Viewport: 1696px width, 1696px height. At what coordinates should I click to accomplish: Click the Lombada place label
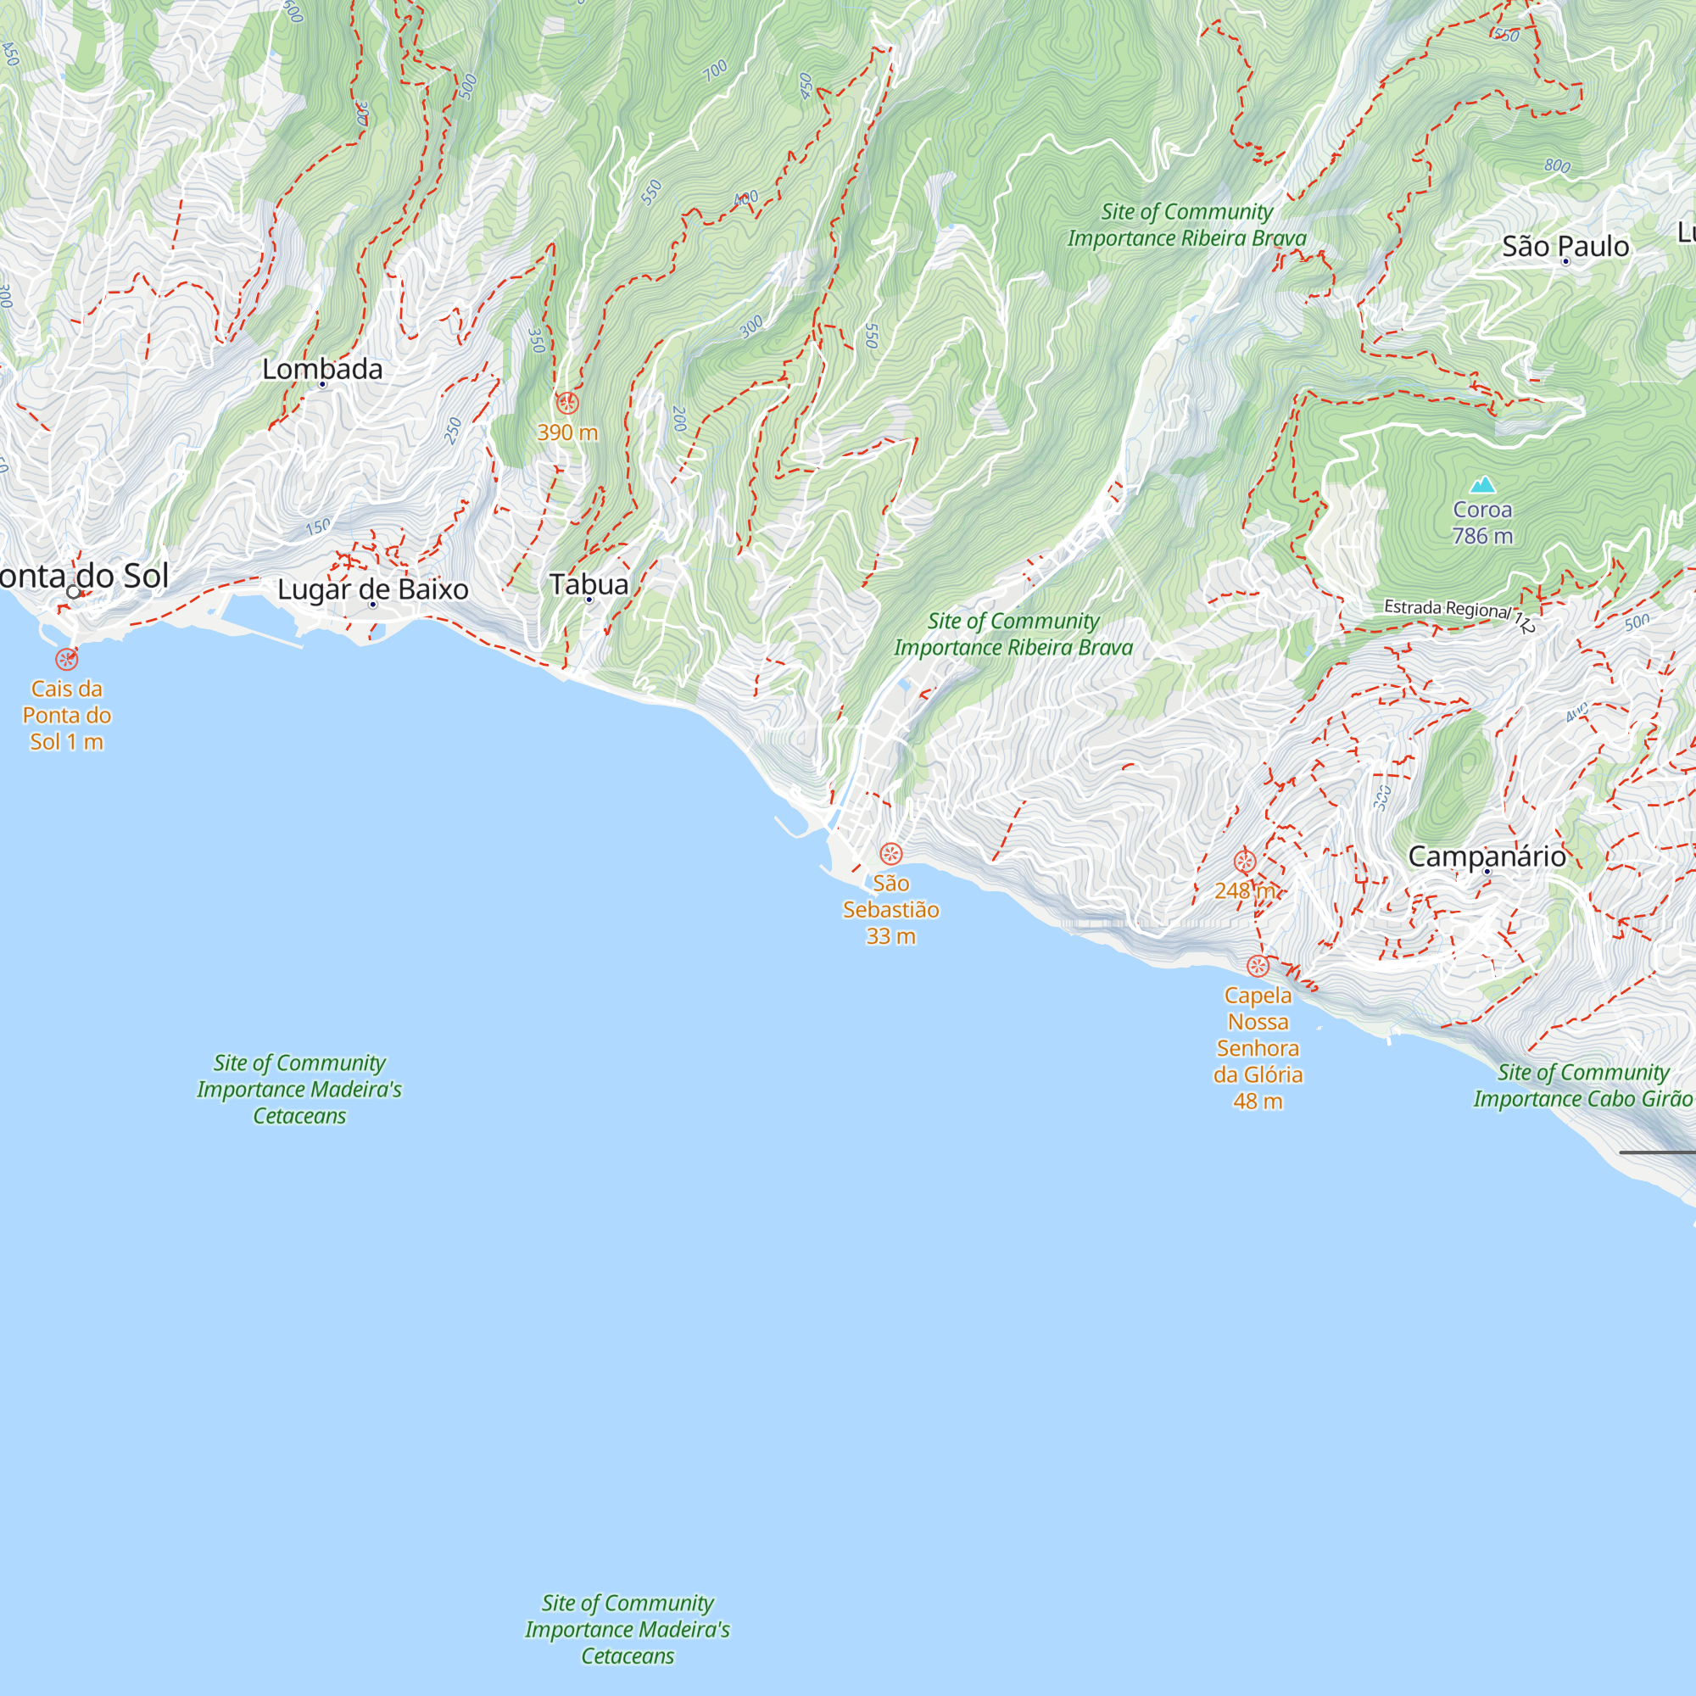[x=322, y=369]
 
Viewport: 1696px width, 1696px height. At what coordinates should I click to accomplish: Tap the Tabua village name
[x=589, y=583]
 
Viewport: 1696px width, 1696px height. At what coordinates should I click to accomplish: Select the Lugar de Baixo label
[x=372, y=589]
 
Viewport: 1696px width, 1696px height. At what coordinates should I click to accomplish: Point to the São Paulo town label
[x=1565, y=246]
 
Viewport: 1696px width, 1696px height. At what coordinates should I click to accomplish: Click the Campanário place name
[x=1487, y=856]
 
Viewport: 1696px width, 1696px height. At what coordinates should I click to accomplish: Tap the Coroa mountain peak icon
[x=1482, y=484]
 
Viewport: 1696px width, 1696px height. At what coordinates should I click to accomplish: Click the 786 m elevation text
[x=1482, y=535]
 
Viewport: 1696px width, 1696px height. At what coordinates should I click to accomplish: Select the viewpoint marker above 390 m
[x=567, y=404]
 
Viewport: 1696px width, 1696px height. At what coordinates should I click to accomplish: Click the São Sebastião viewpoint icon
[x=891, y=853]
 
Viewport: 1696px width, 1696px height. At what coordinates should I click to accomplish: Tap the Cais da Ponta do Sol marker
[x=67, y=659]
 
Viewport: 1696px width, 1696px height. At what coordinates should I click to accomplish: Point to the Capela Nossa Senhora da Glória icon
[x=1258, y=966]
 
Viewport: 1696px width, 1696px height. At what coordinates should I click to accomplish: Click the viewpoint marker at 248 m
[x=1245, y=862]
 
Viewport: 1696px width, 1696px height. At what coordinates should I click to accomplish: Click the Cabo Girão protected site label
[x=1582, y=1085]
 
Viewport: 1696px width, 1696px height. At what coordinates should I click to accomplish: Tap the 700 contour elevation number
[x=716, y=70]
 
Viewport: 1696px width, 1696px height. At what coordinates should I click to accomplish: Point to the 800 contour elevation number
[x=1557, y=165]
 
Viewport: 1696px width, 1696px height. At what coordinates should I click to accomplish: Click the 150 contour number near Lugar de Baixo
[x=319, y=527]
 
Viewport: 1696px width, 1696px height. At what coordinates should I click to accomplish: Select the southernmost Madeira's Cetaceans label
[x=628, y=1629]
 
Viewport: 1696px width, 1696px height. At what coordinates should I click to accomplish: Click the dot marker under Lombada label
[x=322, y=384]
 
